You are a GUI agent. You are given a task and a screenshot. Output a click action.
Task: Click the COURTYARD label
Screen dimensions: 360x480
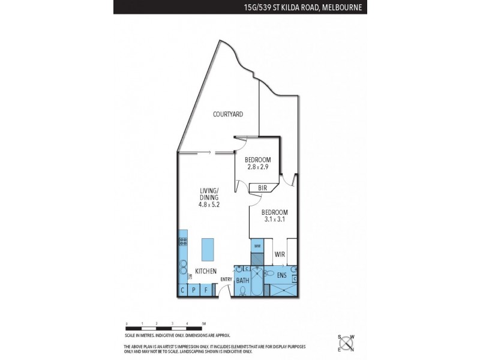click(228, 114)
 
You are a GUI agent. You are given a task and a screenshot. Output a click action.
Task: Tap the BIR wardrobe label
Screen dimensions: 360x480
click(262, 188)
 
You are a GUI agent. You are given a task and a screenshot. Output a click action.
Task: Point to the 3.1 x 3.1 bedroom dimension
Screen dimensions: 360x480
click(275, 220)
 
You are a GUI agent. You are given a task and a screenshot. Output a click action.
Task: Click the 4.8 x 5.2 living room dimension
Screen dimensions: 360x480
click(209, 204)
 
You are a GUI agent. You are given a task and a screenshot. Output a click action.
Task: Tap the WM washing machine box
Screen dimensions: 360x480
click(257, 247)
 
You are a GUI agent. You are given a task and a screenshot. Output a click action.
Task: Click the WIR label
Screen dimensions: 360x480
click(280, 255)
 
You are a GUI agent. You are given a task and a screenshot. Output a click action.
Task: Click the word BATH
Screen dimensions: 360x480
click(242, 280)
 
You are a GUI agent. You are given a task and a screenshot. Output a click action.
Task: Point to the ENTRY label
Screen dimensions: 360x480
click(226, 279)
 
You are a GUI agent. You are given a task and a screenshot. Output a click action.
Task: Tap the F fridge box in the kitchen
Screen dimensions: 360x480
click(206, 291)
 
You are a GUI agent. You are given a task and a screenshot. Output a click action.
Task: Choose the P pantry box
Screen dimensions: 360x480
click(194, 291)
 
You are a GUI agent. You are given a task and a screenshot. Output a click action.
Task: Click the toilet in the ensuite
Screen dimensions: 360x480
click(295, 278)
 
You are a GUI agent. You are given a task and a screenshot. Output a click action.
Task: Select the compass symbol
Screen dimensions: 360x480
click(346, 343)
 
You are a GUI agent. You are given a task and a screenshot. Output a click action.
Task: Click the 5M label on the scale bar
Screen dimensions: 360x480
click(205, 323)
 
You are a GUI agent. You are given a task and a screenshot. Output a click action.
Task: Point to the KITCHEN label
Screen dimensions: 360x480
click(205, 272)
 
